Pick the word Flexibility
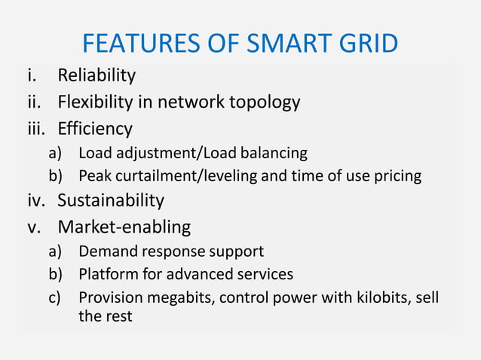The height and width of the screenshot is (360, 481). coord(98,102)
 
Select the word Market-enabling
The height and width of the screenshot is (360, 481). coord(124,227)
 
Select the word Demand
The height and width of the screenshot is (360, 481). coord(106,251)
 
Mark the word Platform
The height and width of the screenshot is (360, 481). coord(106,273)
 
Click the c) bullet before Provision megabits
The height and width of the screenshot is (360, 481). coord(54,297)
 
